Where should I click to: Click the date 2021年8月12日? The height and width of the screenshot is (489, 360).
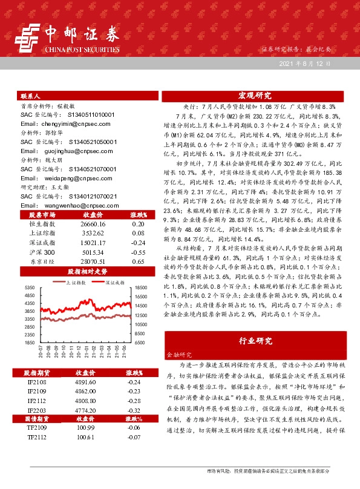[305, 63]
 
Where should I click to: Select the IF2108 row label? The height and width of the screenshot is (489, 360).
[36, 382]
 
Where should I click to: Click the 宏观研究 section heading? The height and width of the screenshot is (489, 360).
[255, 96]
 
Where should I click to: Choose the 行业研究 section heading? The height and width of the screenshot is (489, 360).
[255, 343]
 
